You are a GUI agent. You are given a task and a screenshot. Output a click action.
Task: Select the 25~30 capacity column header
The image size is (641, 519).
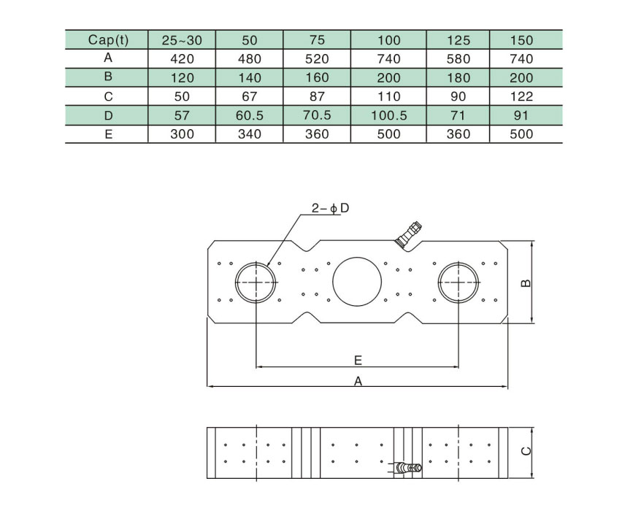point(182,40)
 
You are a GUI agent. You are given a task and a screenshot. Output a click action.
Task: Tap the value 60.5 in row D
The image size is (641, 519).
point(250,115)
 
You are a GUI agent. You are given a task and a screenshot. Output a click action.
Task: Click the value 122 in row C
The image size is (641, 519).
point(523,96)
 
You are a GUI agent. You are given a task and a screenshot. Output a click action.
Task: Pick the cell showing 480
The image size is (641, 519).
point(250,59)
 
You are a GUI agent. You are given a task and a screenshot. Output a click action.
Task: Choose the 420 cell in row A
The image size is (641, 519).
point(182,59)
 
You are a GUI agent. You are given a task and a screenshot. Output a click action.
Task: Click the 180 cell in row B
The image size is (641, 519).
point(457,78)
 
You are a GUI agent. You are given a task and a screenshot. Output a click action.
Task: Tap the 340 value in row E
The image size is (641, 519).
point(250,134)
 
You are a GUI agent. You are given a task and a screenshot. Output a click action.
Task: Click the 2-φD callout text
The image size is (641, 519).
point(331,208)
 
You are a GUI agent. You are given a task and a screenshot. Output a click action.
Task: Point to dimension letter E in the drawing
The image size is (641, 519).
point(358,360)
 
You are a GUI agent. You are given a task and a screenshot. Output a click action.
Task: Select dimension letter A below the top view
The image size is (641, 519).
point(358,380)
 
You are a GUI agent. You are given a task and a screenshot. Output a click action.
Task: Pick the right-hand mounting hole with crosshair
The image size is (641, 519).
point(458,281)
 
